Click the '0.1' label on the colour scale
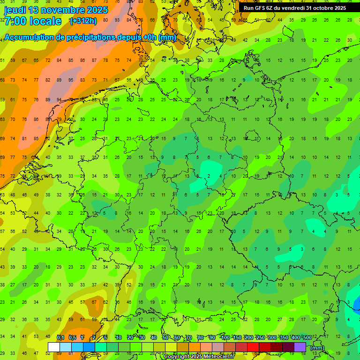coord(60,337)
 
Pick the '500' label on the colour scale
coord(307,337)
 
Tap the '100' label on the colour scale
coord(225,337)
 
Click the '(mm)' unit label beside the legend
coord(317,348)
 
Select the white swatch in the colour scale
coord(54,347)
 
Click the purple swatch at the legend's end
coord(300,347)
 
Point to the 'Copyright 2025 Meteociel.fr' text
coord(199,357)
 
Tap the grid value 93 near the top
coord(116,20)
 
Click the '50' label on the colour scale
coord(165,337)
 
